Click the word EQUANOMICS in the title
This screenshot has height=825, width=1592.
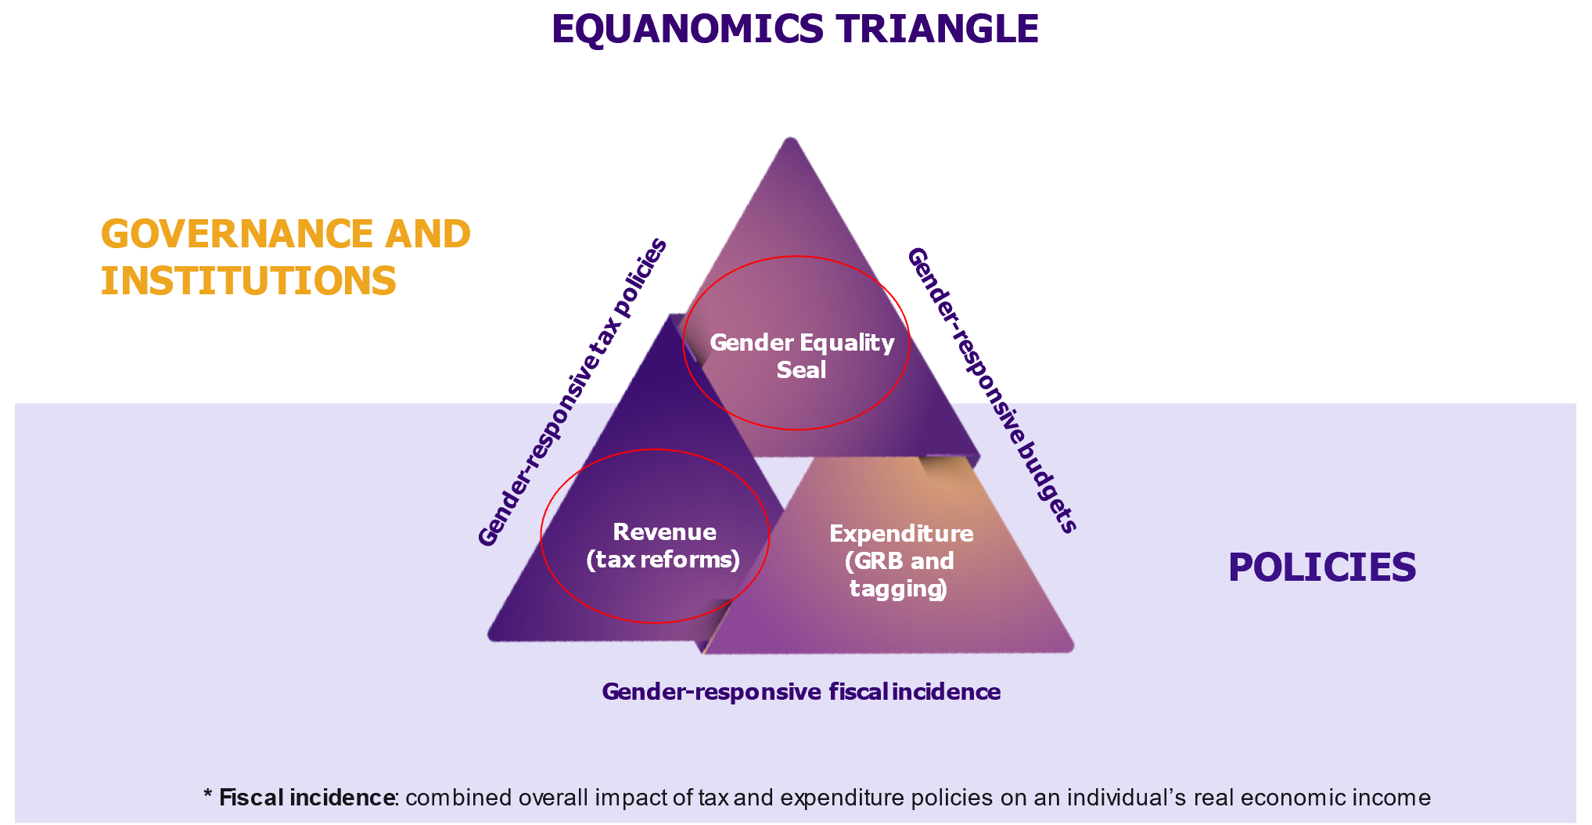687,30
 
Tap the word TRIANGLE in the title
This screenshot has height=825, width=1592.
936,30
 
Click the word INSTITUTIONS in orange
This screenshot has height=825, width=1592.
249,281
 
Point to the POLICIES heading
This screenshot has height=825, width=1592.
1321,567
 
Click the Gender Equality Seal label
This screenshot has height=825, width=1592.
801,356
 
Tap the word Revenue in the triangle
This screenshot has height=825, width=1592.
664,532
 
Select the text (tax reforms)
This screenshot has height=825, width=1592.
663,560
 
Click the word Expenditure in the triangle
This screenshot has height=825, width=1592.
901,534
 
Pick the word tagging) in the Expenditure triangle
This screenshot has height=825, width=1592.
898,589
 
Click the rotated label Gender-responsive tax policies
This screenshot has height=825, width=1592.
573,391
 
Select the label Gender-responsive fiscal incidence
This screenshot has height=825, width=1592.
801,692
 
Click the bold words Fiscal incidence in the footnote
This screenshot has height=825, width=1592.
307,798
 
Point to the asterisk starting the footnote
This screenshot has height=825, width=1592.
208,796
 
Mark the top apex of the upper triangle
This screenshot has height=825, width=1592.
791,142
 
